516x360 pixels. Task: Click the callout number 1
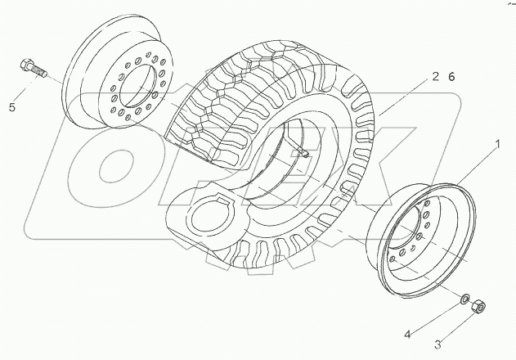coord(494,145)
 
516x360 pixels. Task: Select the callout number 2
coord(437,77)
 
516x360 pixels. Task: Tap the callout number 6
coord(451,77)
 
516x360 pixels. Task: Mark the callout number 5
coord(12,106)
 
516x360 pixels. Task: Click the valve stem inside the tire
coord(301,151)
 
